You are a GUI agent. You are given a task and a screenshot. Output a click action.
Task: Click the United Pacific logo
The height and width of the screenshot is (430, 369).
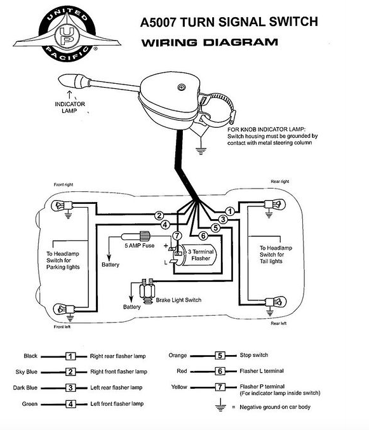[x=67, y=34]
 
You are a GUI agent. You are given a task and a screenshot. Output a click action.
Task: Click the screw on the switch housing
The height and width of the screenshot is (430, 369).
[x=181, y=87]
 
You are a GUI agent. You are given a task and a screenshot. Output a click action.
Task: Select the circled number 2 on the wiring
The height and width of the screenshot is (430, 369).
[x=159, y=216]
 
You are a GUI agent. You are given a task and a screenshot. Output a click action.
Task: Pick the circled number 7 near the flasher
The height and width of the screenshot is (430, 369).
[x=177, y=236]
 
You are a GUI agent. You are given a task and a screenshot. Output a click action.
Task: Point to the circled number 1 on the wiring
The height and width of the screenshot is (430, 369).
[x=230, y=212]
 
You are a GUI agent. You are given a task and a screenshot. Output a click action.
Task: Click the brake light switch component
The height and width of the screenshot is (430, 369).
[x=147, y=292]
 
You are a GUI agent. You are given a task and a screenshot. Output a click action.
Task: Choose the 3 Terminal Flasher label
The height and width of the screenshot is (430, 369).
[x=201, y=255]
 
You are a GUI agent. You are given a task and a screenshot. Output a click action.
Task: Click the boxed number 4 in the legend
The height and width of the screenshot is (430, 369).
[x=70, y=404]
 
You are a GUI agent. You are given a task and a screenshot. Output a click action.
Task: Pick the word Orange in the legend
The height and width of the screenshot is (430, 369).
[x=178, y=356]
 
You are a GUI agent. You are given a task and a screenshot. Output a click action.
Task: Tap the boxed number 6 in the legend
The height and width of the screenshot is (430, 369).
[x=220, y=372]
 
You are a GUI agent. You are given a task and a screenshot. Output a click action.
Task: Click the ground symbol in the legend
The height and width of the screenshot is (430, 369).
[x=220, y=405]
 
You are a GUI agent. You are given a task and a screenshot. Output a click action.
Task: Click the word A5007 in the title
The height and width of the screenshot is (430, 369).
[x=158, y=22]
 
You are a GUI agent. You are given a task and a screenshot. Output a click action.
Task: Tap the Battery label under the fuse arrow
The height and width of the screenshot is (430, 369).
[x=111, y=265]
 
